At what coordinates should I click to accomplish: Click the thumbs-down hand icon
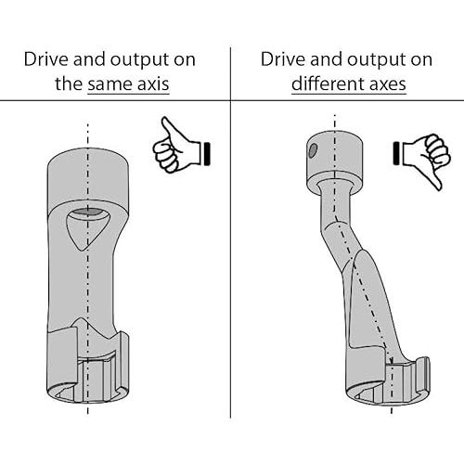tap(422, 158)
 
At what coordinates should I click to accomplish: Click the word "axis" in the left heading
tap(153, 84)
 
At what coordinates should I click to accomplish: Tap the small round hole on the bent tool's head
tap(313, 150)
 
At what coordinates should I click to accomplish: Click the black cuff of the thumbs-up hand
tap(207, 153)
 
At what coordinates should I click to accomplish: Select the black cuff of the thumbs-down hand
tap(396, 153)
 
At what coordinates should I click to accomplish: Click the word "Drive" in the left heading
tap(46, 58)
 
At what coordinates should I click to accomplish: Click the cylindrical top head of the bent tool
tap(334, 161)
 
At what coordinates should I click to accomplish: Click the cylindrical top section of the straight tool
tap(88, 179)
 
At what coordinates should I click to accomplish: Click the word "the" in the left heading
tap(69, 84)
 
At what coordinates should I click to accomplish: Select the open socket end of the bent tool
tap(388, 384)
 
